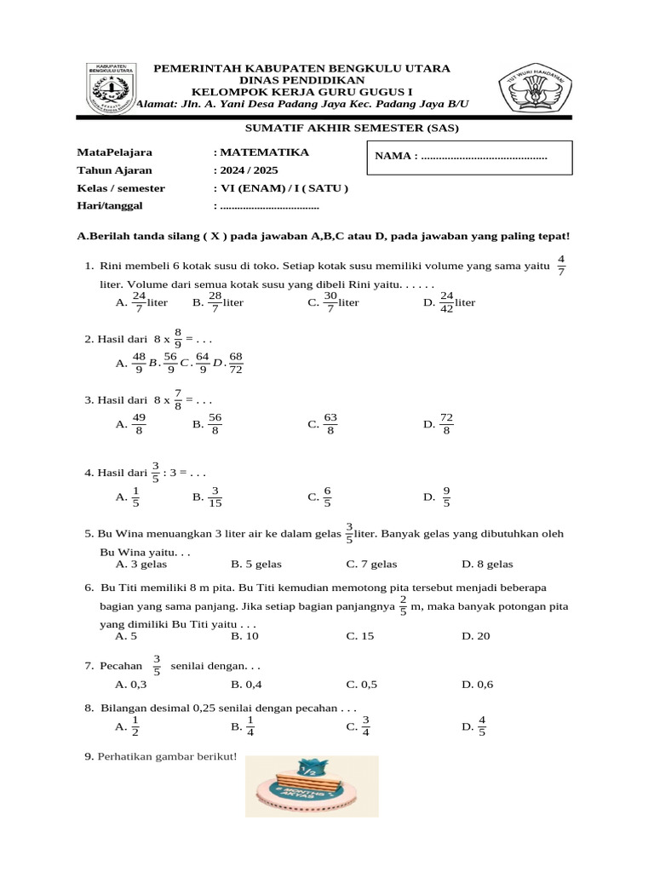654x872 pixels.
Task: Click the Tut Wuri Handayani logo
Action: (x=536, y=88)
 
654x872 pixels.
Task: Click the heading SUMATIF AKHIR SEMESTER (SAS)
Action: (x=327, y=129)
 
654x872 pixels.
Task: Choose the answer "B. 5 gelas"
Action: (x=256, y=564)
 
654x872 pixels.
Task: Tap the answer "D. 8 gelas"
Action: (x=487, y=564)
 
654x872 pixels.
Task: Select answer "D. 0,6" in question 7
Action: (x=477, y=684)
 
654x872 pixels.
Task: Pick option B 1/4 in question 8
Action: (x=243, y=726)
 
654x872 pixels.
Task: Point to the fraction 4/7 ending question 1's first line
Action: (x=560, y=265)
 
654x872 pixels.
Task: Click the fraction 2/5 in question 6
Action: (x=403, y=606)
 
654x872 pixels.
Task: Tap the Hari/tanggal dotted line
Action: (x=268, y=206)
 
